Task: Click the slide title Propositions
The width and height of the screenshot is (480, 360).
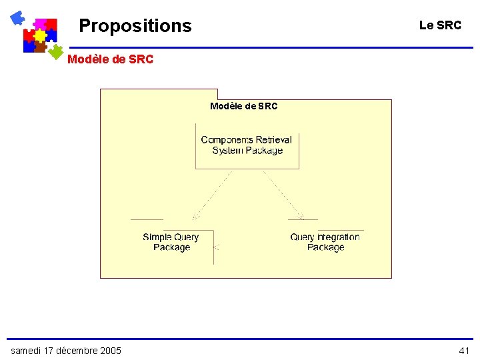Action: click(x=135, y=26)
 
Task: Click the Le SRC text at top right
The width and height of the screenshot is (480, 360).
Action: click(x=440, y=25)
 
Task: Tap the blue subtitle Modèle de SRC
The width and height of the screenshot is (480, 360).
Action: click(x=110, y=59)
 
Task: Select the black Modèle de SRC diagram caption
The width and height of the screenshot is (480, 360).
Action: click(x=243, y=106)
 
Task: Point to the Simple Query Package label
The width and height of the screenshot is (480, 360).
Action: click(x=171, y=242)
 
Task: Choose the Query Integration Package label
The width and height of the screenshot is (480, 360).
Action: click(x=325, y=242)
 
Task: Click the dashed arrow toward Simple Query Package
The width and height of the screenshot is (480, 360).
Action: click(x=212, y=195)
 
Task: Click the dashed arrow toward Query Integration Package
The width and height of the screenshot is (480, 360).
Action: click(x=283, y=195)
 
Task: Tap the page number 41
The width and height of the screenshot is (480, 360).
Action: click(x=464, y=351)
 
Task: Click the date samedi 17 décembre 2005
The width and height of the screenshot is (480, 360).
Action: click(x=66, y=351)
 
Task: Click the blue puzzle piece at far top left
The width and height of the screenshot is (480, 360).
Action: click(x=17, y=18)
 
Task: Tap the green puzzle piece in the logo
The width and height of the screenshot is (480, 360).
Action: click(x=57, y=51)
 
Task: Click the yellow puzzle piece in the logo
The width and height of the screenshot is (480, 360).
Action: click(x=40, y=35)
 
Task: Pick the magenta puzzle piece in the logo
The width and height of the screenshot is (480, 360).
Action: click(x=40, y=24)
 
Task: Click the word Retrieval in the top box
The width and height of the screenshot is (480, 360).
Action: click(x=274, y=140)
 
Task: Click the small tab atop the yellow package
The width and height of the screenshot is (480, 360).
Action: click(x=159, y=94)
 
